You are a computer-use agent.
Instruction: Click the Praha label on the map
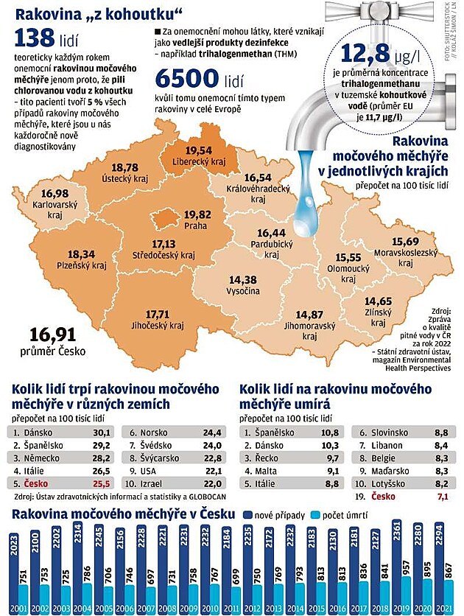pyautogui.click(x=196, y=225)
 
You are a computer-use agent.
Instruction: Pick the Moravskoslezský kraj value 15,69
pyautogui.click(x=407, y=241)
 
